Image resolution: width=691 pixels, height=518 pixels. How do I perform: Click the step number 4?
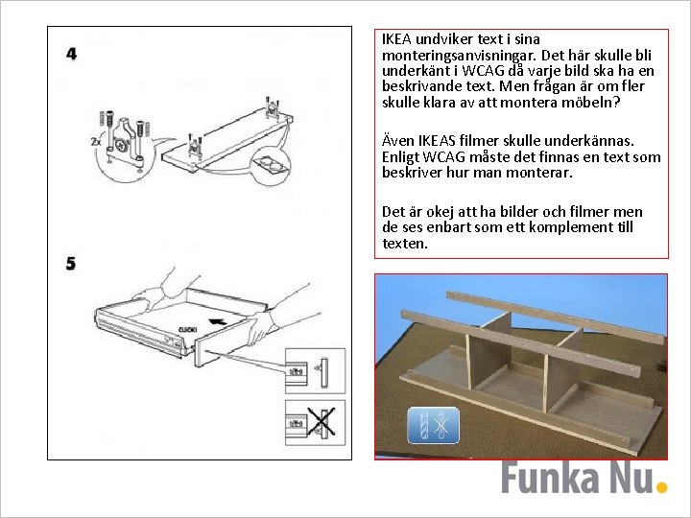pos(71,54)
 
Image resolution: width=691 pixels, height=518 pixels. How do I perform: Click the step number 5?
pos(71,264)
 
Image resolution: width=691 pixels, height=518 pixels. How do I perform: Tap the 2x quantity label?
pos(96,141)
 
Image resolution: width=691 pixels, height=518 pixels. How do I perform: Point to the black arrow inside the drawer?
pos(218,321)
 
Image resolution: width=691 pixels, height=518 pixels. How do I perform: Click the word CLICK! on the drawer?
pos(188,329)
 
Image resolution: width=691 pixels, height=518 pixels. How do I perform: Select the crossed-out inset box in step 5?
pos(315,423)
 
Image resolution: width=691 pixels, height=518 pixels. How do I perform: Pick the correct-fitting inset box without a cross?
pos(315,371)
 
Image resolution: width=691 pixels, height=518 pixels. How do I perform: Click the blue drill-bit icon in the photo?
pos(434,425)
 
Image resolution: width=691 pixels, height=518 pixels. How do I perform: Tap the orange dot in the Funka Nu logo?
pos(661,487)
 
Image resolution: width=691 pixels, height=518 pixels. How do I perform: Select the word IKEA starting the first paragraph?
pos(396,39)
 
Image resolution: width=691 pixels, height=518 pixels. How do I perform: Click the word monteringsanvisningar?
pos(459,56)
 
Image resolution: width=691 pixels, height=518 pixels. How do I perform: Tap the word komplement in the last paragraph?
pos(568,227)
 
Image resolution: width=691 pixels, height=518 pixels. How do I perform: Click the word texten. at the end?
pos(405,244)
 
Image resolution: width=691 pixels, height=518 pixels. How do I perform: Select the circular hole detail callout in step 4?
pos(272,166)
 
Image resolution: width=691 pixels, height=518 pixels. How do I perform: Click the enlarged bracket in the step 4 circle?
pos(124,142)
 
